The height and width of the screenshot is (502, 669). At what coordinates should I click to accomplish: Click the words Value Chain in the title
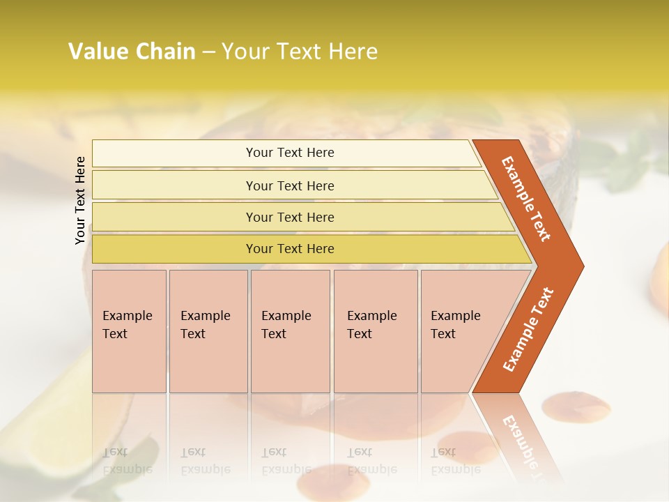pyautogui.click(x=132, y=52)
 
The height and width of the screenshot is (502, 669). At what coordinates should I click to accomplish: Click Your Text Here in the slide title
pyautogui.click(x=300, y=52)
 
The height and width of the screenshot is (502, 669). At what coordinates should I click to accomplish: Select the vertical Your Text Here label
pyautogui.click(x=80, y=200)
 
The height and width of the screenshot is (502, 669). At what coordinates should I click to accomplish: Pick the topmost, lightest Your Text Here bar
pyautogui.click(x=289, y=153)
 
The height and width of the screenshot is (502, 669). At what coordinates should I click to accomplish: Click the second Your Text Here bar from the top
pyautogui.click(x=289, y=185)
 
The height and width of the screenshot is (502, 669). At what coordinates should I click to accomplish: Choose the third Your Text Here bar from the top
pyautogui.click(x=289, y=217)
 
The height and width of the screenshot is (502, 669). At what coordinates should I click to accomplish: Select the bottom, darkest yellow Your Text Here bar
pyautogui.click(x=289, y=249)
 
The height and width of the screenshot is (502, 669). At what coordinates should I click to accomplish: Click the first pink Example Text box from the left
pyautogui.click(x=129, y=330)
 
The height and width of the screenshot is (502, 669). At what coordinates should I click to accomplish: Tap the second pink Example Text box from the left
pyautogui.click(x=208, y=330)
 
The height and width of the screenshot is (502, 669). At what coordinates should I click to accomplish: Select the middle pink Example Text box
pyautogui.click(x=290, y=330)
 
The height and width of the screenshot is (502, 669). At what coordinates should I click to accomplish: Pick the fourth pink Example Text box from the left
pyautogui.click(x=375, y=330)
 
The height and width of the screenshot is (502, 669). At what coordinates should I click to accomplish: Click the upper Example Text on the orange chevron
pyautogui.click(x=527, y=199)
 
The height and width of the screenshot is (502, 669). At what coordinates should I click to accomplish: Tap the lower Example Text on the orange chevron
pyautogui.click(x=528, y=330)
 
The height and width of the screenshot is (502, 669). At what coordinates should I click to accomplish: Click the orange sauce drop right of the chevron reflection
pyautogui.click(x=576, y=405)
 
